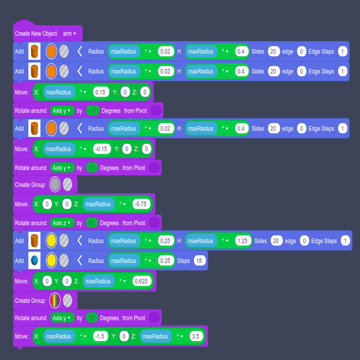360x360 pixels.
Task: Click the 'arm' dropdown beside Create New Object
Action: tap(69, 34)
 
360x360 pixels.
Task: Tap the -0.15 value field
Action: tap(102, 149)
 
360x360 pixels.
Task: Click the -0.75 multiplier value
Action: tap(141, 204)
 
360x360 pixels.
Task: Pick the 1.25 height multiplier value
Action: tap(243, 241)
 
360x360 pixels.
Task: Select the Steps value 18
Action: tap(200, 261)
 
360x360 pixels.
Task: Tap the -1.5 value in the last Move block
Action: tap(100, 336)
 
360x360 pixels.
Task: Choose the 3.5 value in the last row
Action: tap(195, 336)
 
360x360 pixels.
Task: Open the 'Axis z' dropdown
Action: tap(62, 223)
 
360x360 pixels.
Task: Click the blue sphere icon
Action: tap(35, 261)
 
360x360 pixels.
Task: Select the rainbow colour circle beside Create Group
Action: tap(55, 301)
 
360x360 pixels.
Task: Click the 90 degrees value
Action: tap(92, 223)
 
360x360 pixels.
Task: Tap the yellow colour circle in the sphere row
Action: tap(51, 261)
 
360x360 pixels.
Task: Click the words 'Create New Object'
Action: tap(35, 34)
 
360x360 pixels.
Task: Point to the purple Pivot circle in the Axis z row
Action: tap(154, 223)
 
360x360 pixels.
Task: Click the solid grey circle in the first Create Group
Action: tap(55, 185)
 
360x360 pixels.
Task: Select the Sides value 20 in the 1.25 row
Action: tap(276, 241)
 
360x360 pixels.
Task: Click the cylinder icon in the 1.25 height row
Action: tap(35, 241)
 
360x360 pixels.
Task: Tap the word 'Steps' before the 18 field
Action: tap(183, 261)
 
